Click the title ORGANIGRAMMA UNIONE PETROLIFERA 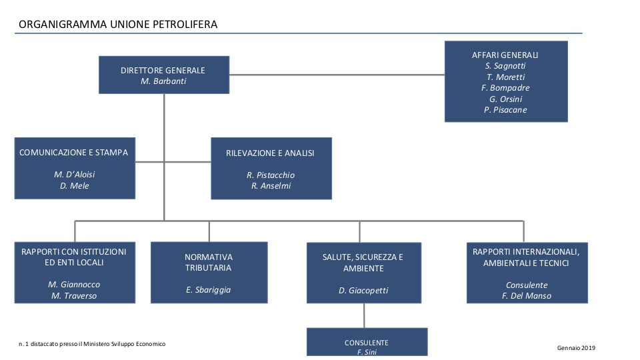118,25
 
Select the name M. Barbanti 163,81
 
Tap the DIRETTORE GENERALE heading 163,70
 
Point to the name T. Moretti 506,77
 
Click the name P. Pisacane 505,110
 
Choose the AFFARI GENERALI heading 505,55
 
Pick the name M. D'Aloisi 74,174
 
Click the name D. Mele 74,186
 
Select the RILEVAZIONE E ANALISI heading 270,153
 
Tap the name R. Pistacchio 271,175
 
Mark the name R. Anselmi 271,186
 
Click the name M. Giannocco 74,285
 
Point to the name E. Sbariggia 208,290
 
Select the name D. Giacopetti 363,291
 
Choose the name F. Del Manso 527,296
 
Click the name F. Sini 367,352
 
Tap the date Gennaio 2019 576,348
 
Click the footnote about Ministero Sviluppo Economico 92,344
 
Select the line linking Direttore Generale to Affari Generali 337,75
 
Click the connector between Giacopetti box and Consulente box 364,315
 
